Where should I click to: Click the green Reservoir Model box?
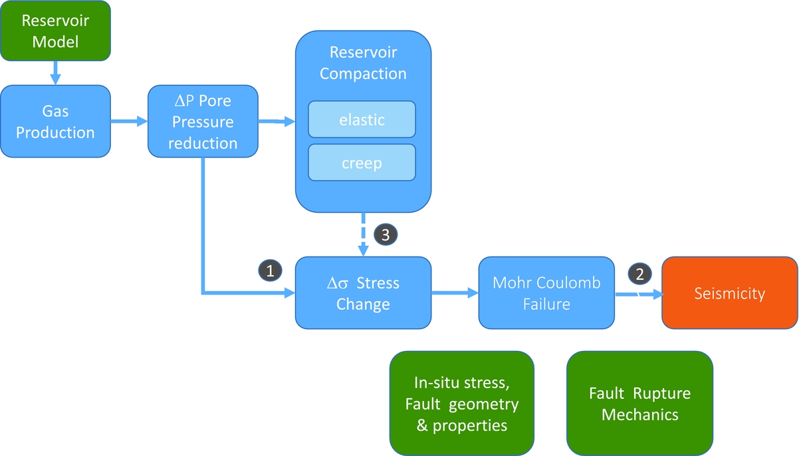(x=55, y=31)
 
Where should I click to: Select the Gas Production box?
(x=55, y=121)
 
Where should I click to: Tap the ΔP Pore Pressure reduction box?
(x=203, y=121)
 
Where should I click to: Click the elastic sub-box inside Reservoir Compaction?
(x=362, y=120)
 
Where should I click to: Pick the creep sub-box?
(x=362, y=162)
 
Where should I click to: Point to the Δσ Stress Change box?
(x=363, y=293)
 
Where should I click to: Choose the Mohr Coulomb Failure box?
(x=546, y=293)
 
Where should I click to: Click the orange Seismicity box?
(x=729, y=293)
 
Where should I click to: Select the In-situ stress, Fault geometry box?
(x=461, y=404)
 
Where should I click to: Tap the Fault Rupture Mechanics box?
(x=639, y=403)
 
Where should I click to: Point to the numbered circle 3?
(x=386, y=234)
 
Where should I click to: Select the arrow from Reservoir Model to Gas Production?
(x=55, y=72)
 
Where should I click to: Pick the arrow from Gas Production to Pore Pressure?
(x=128, y=121)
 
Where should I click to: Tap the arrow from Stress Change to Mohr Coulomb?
(x=455, y=293)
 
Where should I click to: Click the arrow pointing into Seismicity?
(x=637, y=293)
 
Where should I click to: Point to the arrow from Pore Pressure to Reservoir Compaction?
(x=276, y=121)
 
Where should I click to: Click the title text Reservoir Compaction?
(x=363, y=63)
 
